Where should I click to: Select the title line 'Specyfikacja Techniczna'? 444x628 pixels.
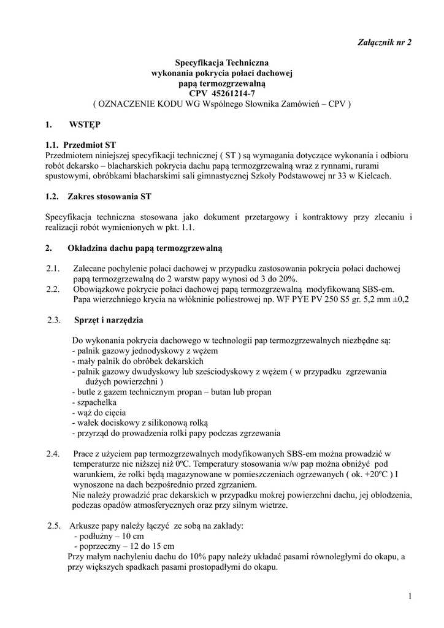point(222,63)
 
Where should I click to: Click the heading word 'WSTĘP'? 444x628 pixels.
point(85,124)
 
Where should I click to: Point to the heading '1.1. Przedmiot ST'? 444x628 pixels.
point(80,145)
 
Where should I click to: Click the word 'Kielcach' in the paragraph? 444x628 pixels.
point(375,175)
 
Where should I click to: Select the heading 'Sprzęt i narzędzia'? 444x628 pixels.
point(109,320)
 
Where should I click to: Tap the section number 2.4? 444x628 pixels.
point(53,454)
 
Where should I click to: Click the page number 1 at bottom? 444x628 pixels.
point(408,598)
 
